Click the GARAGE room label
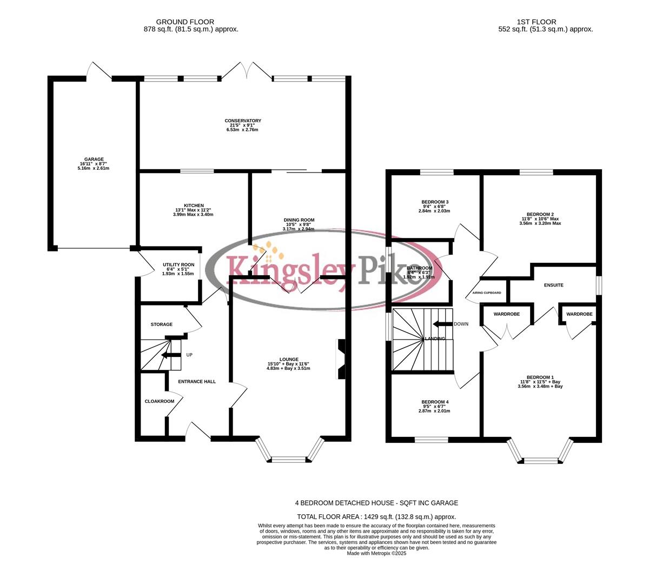click(94, 160)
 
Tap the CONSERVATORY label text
click(243, 121)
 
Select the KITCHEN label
click(194, 205)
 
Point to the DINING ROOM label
click(299, 220)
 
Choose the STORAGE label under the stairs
click(161, 324)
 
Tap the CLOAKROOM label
click(160, 401)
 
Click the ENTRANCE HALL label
click(197, 382)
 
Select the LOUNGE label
click(289, 359)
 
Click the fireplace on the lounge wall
click(341, 359)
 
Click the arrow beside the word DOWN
click(442, 324)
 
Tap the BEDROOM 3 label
click(435, 202)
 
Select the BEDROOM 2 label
click(540, 214)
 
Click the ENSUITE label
click(554, 285)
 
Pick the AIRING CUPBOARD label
click(487, 293)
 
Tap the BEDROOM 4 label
click(435, 402)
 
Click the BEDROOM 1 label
click(540, 377)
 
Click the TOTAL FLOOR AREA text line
click(376, 517)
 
